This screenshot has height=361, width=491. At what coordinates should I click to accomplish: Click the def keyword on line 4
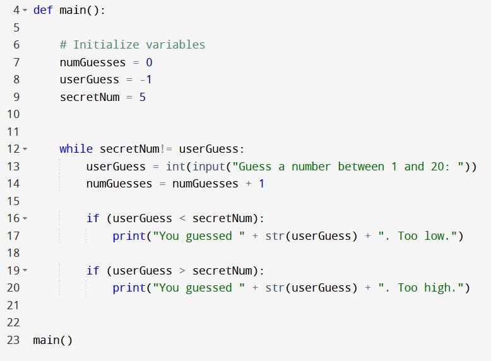pyautogui.click(x=43, y=10)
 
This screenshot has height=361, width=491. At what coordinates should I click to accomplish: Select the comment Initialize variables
pyautogui.click(x=133, y=45)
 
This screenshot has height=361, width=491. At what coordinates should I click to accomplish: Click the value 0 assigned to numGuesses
pyautogui.click(x=149, y=62)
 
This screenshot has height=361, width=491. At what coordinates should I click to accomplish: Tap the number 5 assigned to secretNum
pyautogui.click(x=143, y=97)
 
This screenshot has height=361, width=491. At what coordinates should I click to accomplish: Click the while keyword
pyautogui.click(x=76, y=149)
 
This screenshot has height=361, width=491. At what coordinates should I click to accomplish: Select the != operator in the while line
pyautogui.click(x=166, y=149)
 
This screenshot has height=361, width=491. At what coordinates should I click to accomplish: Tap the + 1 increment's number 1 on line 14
pyautogui.click(x=261, y=184)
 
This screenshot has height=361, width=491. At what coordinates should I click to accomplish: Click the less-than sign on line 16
pyautogui.click(x=182, y=218)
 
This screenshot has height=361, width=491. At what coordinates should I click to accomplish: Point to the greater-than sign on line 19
pyautogui.click(x=182, y=271)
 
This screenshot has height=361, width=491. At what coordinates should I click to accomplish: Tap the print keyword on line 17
pyautogui.click(x=129, y=236)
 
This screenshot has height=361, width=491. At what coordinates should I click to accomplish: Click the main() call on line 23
pyautogui.click(x=53, y=340)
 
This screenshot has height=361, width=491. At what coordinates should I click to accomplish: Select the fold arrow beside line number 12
pyautogui.click(x=25, y=150)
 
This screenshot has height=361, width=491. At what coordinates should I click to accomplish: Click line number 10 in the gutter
pyautogui.click(x=13, y=114)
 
